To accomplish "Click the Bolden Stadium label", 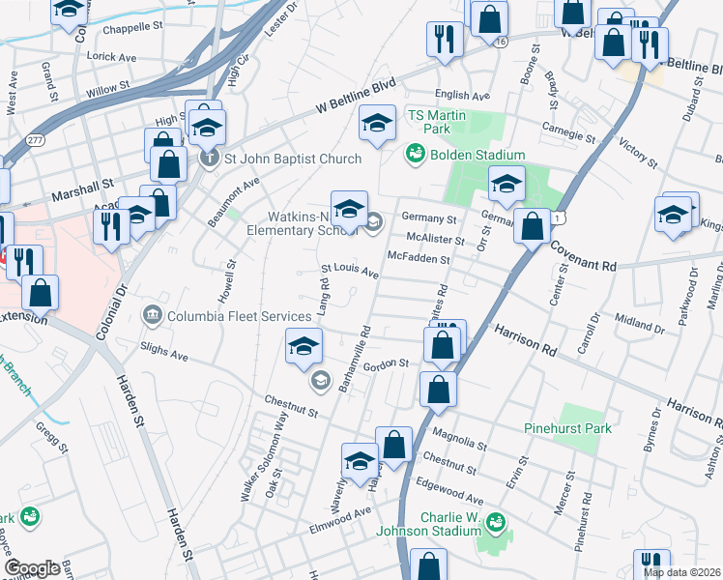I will [478, 155].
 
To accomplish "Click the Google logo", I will [32, 568].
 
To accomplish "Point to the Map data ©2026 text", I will [681, 572].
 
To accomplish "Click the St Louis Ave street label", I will [349, 272].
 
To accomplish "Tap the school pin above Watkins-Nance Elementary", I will [350, 208].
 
